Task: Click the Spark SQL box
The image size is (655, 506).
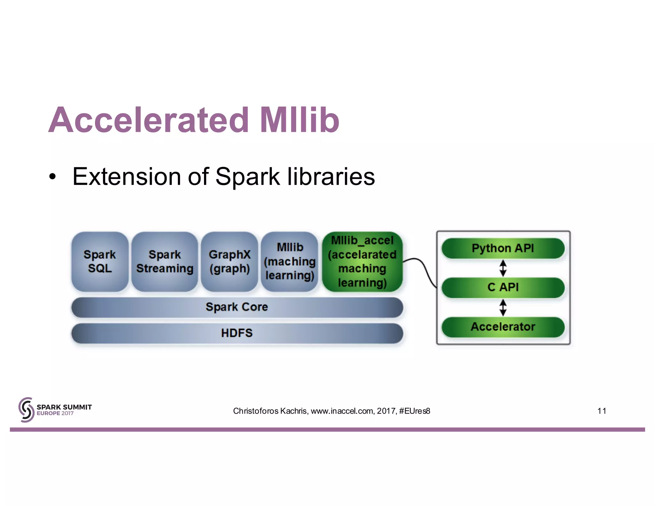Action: [x=100, y=262]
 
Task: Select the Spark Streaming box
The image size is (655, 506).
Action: [x=165, y=262]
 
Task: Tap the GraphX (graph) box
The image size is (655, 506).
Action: [x=229, y=262]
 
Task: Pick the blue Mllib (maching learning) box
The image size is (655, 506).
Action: [x=290, y=262]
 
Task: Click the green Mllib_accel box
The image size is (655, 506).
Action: [x=362, y=262]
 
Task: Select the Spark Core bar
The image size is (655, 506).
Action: [x=237, y=307]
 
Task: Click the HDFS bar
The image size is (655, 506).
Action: [x=237, y=333]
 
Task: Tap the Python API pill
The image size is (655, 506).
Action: [x=503, y=248]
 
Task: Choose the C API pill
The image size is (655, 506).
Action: [x=503, y=288]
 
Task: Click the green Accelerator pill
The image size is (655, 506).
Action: [x=503, y=327]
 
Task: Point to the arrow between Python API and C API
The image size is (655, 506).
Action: [x=503, y=268]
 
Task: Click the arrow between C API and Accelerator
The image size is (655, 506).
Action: [x=503, y=307]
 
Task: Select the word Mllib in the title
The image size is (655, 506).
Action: [x=299, y=120]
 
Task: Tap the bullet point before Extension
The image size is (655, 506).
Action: [x=52, y=177]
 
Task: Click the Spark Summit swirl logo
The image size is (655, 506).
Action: [x=26, y=410]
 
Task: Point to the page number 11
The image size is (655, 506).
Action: [x=602, y=411]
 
